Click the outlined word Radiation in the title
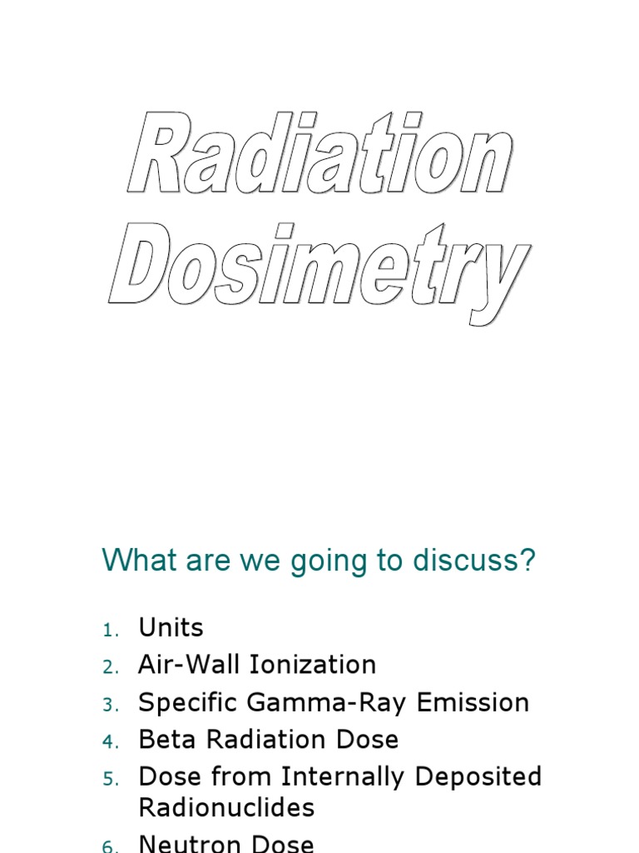pyautogui.click(x=320, y=156)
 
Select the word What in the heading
pyautogui.click(x=136, y=561)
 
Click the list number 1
pyautogui.click(x=111, y=631)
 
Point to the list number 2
pyautogui.click(x=111, y=667)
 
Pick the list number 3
pyautogui.click(x=111, y=705)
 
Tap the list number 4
pyautogui.click(x=111, y=741)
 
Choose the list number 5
pyautogui.click(x=111, y=780)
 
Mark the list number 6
pyautogui.click(x=111, y=846)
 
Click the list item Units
pyautogui.click(x=171, y=627)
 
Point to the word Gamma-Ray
pyautogui.click(x=341, y=702)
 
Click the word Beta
pyautogui.click(x=164, y=740)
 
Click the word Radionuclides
pyautogui.click(x=226, y=807)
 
